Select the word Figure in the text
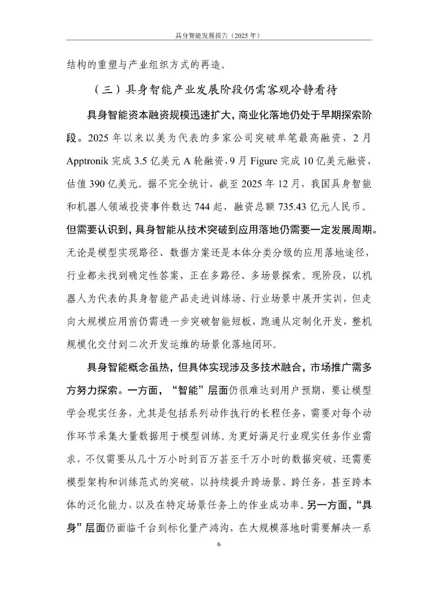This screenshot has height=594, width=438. pos(264,161)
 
